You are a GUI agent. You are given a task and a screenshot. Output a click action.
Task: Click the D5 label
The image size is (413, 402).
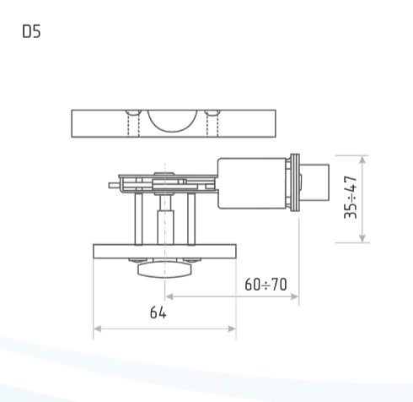(30, 33)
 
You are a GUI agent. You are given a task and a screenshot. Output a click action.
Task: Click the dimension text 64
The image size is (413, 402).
(158, 312)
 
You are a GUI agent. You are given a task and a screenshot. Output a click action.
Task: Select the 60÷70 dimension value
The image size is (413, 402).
(265, 284)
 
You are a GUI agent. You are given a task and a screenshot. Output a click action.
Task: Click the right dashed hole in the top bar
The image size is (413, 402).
(212, 124)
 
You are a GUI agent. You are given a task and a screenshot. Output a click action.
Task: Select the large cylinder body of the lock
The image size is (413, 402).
(252, 183)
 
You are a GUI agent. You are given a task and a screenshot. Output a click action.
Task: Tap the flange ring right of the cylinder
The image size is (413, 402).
(294, 182)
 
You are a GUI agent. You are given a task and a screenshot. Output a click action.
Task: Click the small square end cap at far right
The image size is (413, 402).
(314, 181)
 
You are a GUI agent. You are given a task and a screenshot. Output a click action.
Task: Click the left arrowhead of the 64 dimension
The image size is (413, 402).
(97, 328)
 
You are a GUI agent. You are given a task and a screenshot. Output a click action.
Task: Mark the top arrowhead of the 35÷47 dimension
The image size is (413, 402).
(363, 159)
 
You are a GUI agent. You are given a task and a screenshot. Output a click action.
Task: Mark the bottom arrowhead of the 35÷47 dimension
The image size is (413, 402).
(363, 239)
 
